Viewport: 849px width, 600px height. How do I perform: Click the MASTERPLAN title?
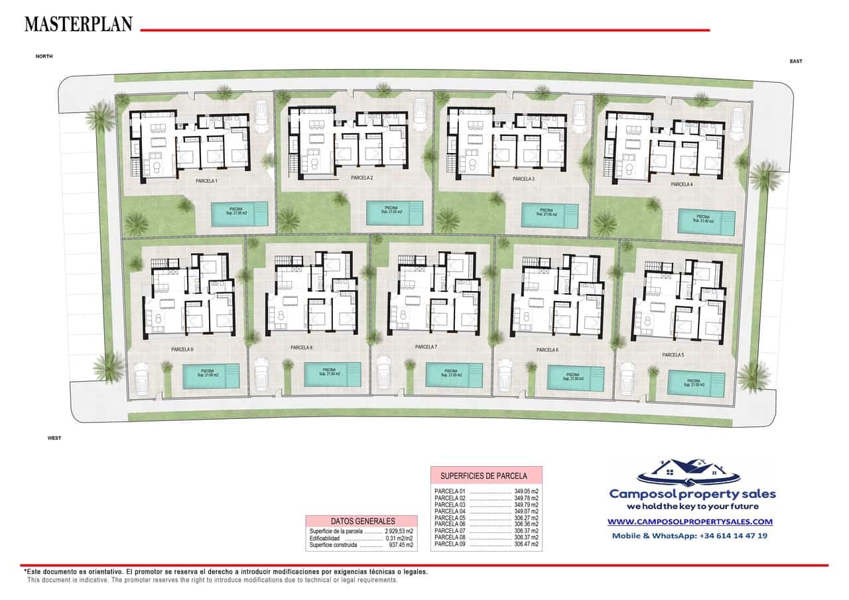78,24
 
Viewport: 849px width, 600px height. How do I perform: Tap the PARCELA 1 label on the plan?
206,180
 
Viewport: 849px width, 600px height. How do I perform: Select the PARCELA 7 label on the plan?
426,347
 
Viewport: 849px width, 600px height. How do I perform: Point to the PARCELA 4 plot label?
681,184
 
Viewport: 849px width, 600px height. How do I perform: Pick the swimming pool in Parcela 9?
211,375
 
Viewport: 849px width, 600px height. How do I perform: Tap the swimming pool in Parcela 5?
696,383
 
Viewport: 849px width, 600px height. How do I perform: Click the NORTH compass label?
44,57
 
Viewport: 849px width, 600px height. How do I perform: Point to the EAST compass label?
796,61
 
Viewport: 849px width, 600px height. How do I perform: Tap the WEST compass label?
54,438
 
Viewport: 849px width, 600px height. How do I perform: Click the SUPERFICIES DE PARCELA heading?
486,475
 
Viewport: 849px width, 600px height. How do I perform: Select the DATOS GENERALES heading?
362,521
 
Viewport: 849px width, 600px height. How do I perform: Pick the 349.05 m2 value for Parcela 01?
526,491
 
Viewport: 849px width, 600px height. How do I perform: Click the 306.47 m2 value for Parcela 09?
526,544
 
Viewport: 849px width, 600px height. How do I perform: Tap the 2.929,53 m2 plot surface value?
399,531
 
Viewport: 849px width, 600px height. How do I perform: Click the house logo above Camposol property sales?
688,471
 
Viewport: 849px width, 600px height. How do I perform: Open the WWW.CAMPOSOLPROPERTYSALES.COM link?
690,522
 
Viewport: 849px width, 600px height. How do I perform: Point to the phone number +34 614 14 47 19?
733,535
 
